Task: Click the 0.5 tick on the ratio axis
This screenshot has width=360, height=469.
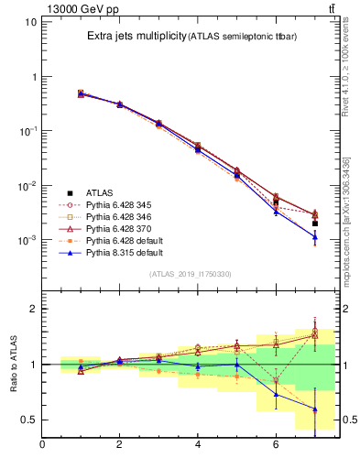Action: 29,420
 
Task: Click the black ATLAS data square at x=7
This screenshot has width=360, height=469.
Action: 314,224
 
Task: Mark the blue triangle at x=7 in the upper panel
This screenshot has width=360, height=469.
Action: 314,236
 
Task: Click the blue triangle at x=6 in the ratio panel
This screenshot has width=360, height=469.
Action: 276,394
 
